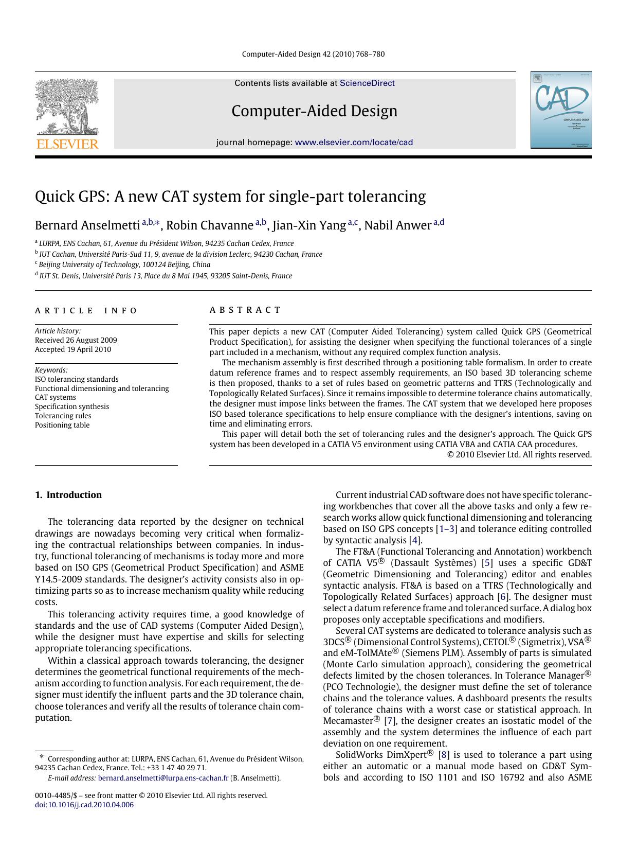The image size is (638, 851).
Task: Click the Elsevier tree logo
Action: tap(67, 108)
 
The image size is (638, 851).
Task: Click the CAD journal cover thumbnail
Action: tap(561, 110)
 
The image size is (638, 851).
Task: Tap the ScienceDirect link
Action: tap(367, 83)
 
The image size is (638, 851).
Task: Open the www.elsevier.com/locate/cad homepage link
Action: tap(354, 143)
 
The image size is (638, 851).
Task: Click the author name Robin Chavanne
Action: tap(210, 225)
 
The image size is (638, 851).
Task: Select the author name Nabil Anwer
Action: tap(397, 225)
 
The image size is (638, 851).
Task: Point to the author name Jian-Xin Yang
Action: tap(308, 225)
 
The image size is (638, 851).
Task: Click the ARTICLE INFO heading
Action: tap(86, 311)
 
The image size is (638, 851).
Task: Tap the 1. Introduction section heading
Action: tap(68, 495)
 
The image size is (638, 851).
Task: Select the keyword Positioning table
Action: tap(62, 425)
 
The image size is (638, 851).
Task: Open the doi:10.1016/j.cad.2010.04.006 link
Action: tap(84, 805)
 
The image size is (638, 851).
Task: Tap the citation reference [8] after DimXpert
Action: tap(444, 755)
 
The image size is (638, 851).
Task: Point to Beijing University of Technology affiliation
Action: tap(124, 264)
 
